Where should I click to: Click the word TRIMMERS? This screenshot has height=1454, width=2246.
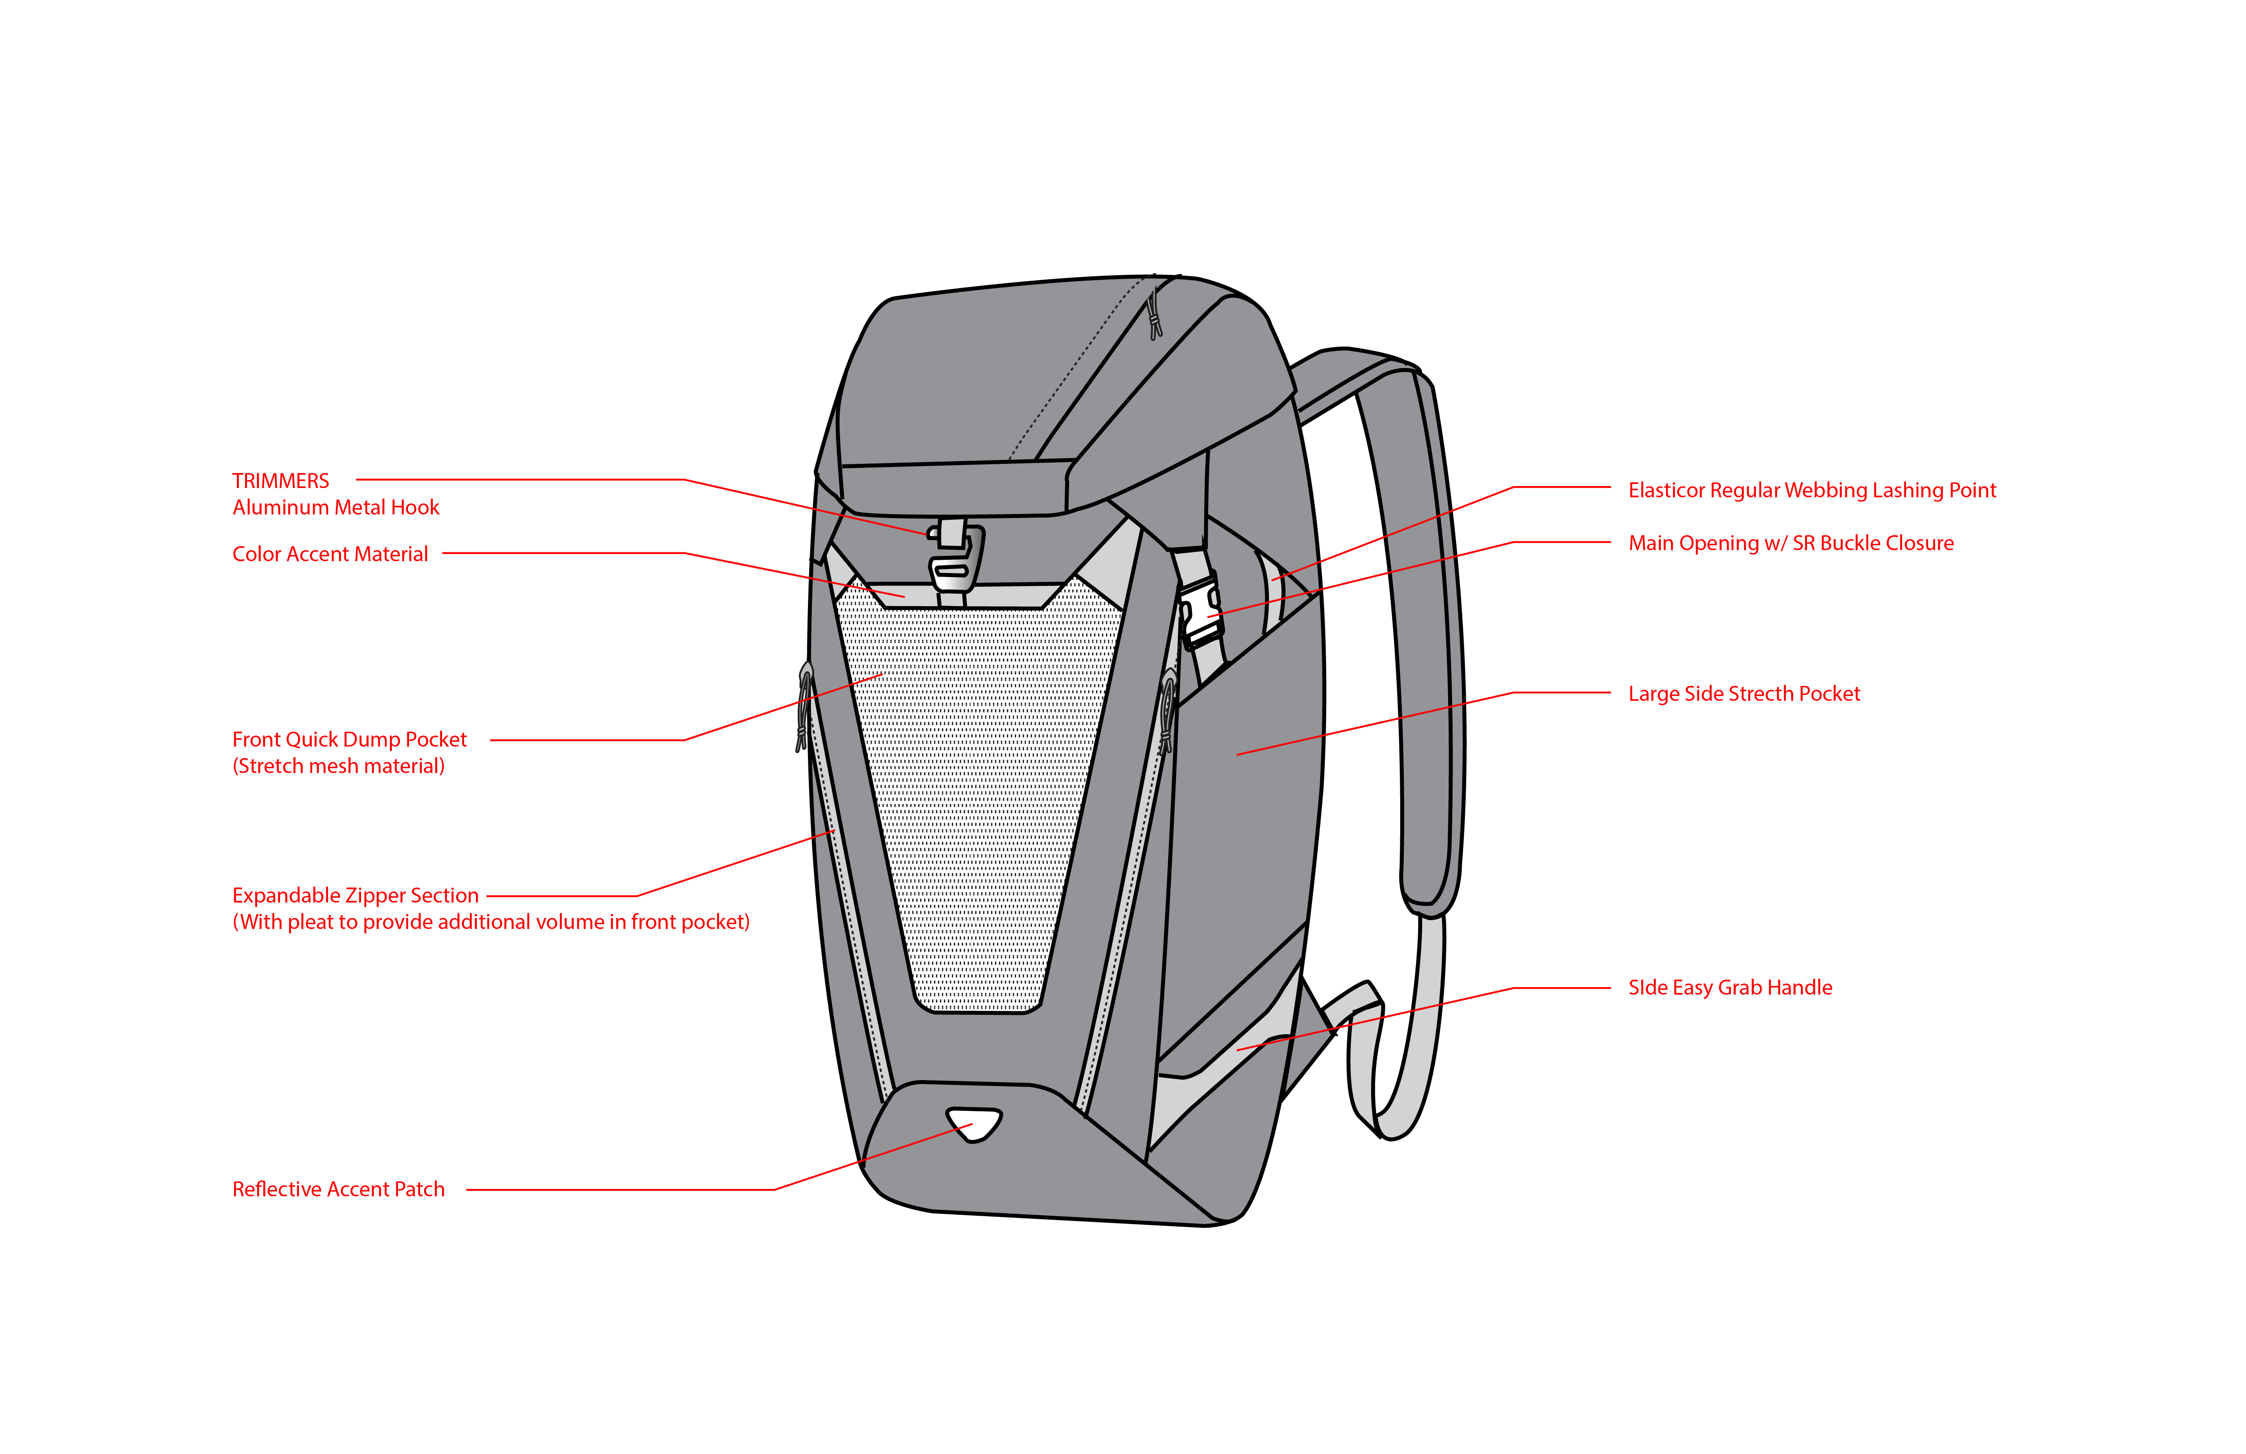pos(280,481)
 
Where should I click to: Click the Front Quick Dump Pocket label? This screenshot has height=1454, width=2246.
pos(349,739)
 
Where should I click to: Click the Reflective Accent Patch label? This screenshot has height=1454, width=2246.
pos(338,1190)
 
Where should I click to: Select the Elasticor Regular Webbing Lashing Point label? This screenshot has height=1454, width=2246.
pos(1812,490)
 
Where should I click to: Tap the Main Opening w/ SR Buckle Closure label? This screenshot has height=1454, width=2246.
pos(1790,543)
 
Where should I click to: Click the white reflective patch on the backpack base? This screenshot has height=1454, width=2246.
pos(974,1124)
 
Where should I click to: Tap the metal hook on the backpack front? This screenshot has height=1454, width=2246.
pos(953,557)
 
